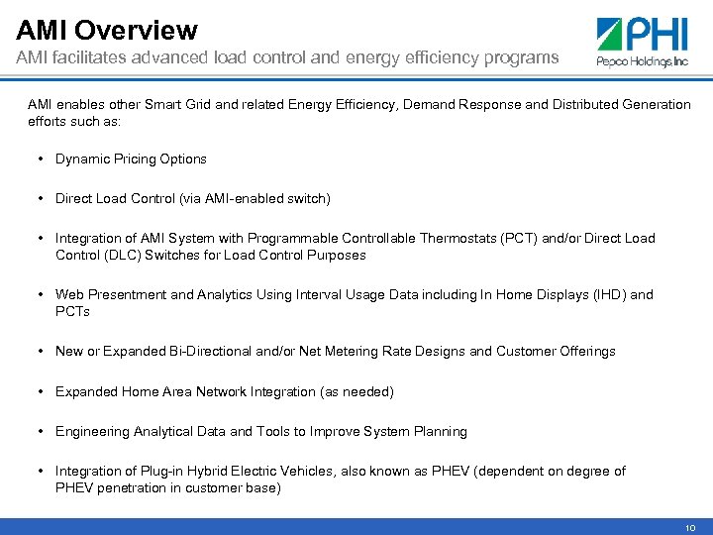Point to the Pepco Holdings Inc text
pos(642,60)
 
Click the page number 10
pos(689,528)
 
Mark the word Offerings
pos(584,351)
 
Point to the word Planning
pos(440,431)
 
